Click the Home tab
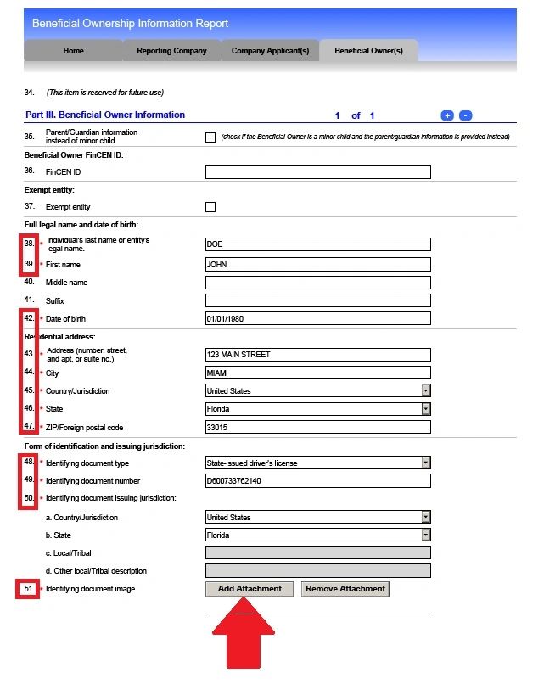(74, 51)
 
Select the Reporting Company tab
(171, 51)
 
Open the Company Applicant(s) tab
(270, 51)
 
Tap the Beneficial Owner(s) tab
(368, 51)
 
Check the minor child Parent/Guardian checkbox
(210, 137)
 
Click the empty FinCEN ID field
(317, 172)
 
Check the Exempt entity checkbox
(210, 207)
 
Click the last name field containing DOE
(317, 244)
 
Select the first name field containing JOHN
(317, 264)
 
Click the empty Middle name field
(317, 283)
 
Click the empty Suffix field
(317, 300)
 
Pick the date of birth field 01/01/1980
(317, 319)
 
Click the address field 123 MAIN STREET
(317, 355)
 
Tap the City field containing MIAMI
(317, 373)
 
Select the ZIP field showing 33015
(317, 427)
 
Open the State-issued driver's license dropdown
(317, 463)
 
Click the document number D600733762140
(317, 481)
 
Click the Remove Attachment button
(345, 589)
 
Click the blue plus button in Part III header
(447, 115)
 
